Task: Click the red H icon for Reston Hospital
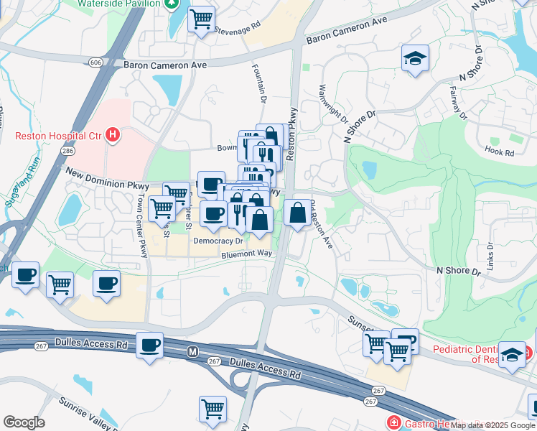click(112, 134)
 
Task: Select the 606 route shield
click(95, 63)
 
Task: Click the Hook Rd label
click(500, 153)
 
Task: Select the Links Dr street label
click(491, 254)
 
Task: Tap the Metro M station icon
click(192, 352)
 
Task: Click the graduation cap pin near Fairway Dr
click(414, 58)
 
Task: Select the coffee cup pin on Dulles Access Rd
click(149, 346)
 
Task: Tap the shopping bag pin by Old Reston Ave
click(297, 213)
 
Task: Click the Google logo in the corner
click(24, 422)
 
